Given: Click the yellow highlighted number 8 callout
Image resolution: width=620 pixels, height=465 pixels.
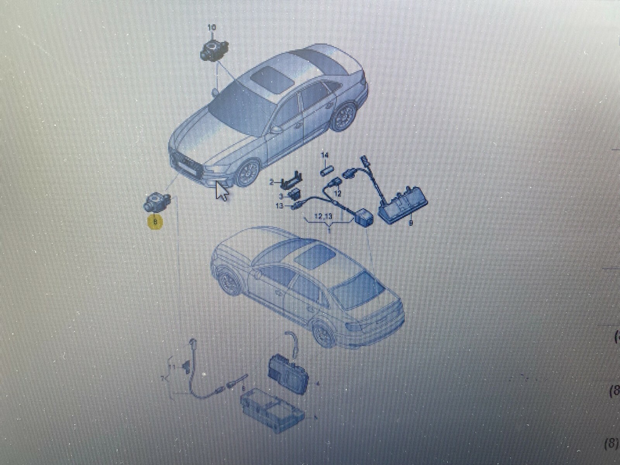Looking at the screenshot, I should tap(155, 222).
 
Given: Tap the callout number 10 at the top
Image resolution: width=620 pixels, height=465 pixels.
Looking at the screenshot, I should tap(212, 28).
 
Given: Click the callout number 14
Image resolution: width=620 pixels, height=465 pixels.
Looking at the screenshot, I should tap(325, 155).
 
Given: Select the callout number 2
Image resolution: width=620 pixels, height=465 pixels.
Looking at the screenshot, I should tap(272, 182).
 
